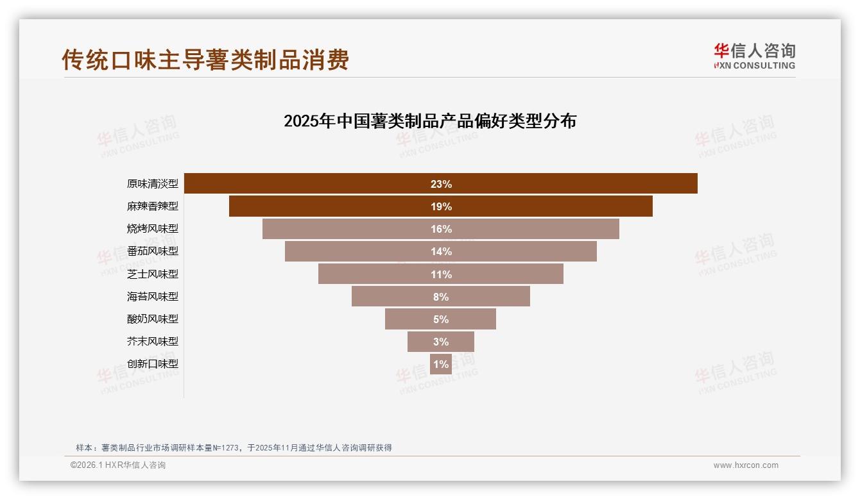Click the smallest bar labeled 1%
point(441,364)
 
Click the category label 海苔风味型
point(153,297)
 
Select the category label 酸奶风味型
point(153,319)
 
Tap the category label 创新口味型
point(153,364)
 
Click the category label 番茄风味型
point(153,251)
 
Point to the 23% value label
point(441,184)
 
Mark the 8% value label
point(441,297)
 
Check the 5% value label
point(441,319)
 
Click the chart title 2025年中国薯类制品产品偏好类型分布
point(430,121)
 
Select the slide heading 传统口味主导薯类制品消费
point(205,60)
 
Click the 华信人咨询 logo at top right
point(754,56)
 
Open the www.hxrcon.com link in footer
point(746,465)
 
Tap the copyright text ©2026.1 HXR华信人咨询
point(118,465)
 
